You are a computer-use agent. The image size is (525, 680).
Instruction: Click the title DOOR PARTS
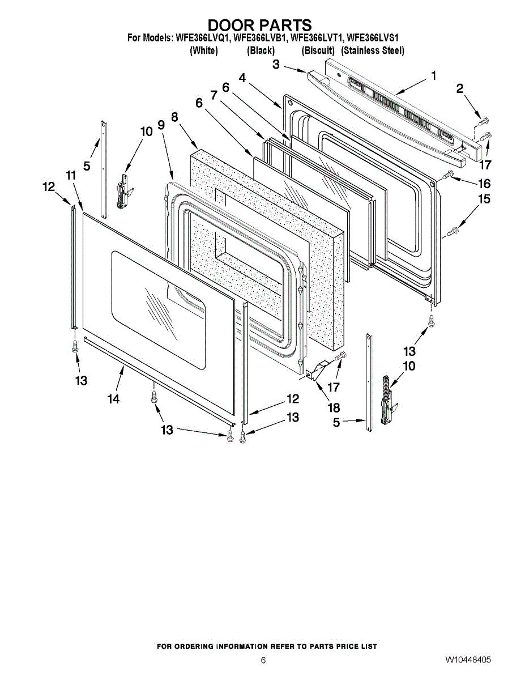pos(260,25)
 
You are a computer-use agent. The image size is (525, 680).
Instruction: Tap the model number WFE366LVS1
pos(373,39)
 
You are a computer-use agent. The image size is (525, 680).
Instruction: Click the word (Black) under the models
pos(261,50)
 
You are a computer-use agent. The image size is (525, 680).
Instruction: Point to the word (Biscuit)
pos(318,50)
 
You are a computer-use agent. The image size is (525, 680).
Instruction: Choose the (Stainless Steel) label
pos(373,50)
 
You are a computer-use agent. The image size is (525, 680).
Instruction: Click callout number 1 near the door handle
pos(434,75)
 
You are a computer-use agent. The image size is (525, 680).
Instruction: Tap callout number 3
pos(276,65)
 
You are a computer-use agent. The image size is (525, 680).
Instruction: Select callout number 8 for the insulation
pos(174,117)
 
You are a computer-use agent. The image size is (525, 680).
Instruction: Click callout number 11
pos(70,176)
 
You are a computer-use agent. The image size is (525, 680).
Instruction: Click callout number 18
pos(333,407)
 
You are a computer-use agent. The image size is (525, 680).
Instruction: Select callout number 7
pos(214,95)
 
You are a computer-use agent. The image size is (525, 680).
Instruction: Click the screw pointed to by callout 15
pos(453,231)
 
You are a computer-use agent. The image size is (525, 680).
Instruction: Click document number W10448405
pos(468,660)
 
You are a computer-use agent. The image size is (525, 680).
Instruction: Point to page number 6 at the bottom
pos(263,660)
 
